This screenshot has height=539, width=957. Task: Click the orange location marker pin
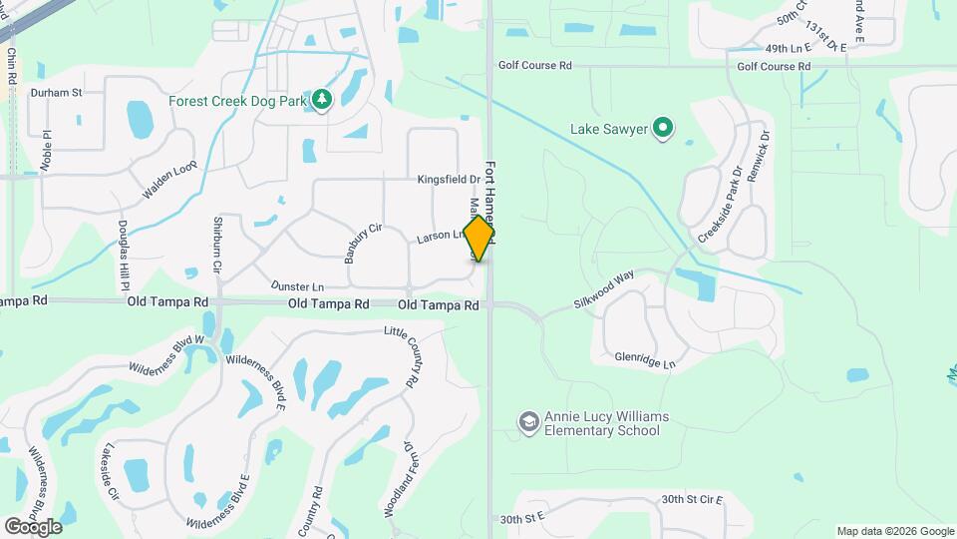point(479,238)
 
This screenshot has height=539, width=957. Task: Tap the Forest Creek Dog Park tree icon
point(321,100)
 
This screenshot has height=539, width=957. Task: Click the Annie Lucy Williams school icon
point(528,423)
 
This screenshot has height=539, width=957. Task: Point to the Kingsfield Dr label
point(449,180)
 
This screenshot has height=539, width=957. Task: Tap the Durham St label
point(55,92)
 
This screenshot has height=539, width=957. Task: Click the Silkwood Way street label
point(604,290)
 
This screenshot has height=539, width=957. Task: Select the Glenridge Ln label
point(645,359)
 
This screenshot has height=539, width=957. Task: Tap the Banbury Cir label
point(364,243)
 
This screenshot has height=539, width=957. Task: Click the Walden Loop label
point(170,179)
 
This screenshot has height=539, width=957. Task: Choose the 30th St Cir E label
point(690,498)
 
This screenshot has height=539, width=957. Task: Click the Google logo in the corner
point(33,526)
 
